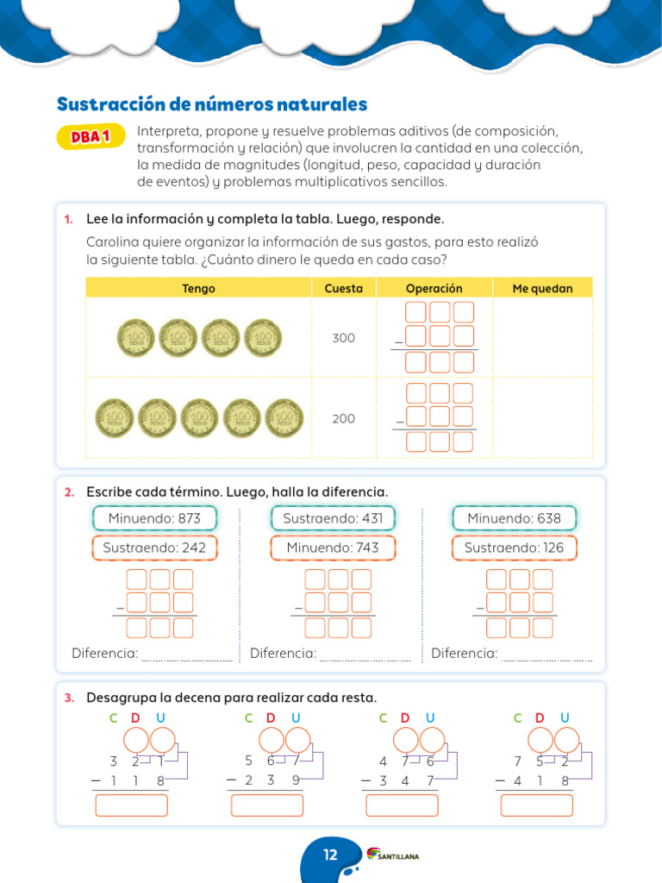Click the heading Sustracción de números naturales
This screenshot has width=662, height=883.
pyautogui.click(x=212, y=104)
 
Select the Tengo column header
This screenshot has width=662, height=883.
pyautogui.click(x=198, y=289)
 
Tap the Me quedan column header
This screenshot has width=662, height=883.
pyautogui.click(x=542, y=289)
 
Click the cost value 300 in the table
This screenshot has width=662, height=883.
pyautogui.click(x=343, y=338)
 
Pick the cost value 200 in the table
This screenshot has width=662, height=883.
pyautogui.click(x=343, y=418)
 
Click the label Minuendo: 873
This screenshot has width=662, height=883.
pyautogui.click(x=154, y=518)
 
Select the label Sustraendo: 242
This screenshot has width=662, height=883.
pyautogui.click(x=154, y=548)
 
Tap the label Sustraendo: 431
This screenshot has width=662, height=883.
pyautogui.click(x=333, y=518)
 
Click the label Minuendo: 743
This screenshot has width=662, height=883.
pyautogui.click(x=333, y=548)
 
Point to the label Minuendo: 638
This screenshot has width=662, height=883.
pyautogui.click(x=514, y=518)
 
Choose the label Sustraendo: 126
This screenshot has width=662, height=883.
pyautogui.click(x=514, y=548)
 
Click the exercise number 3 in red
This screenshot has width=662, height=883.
pyautogui.click(x=68, y=697)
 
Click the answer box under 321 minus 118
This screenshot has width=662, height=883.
pyautogui.click(x=131, y=805)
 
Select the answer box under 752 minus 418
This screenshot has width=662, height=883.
pyautogui.click(x=536, y=805)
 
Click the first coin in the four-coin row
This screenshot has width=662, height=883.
pyautogui.click(x=135, y=337)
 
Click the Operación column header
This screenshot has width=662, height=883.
pyautogui.click(x=434, y=289)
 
